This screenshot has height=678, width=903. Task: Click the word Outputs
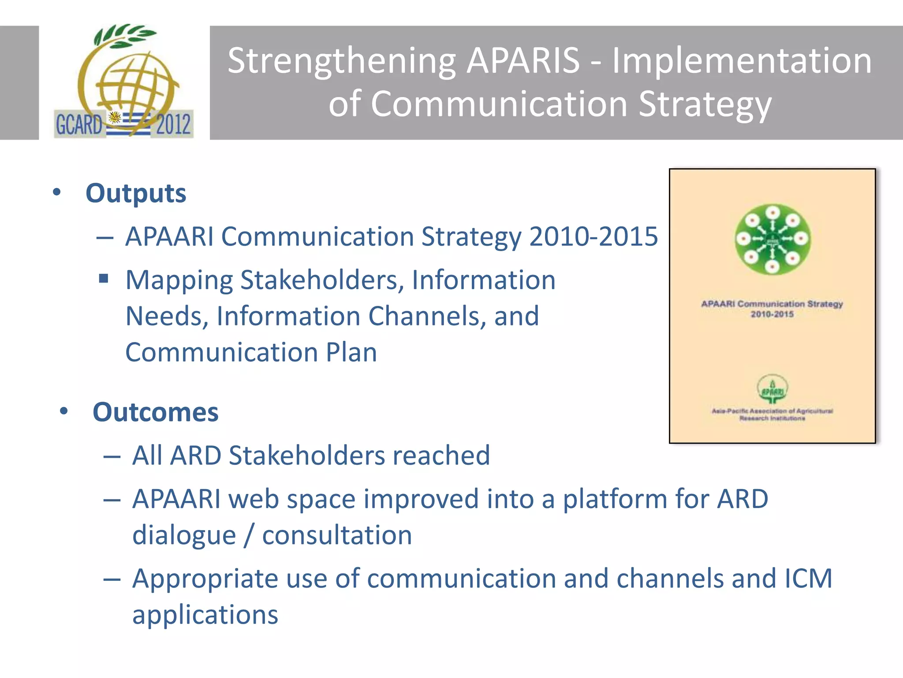tap(136, 193)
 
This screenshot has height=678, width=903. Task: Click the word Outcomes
tap(155, 412)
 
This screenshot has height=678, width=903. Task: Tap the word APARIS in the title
tap(523, 60)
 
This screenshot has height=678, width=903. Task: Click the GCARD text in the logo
tap(78, 124)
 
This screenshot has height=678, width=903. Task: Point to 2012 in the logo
tap(173, 124)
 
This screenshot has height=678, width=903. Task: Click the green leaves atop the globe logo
tap(125, 35)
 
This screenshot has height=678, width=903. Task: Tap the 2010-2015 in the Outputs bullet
tap(593, 237)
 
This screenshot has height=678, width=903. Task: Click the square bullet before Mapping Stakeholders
tap(104, 278)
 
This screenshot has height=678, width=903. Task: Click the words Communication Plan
tap(251, 352)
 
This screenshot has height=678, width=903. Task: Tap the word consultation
tap(337, 535)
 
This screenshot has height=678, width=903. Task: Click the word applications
tap(205, 614)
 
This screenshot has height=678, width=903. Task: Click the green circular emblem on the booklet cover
tap(772, 239)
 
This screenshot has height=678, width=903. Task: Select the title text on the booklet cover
tap(772, 309)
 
